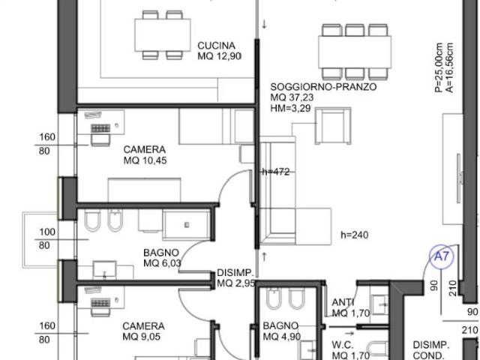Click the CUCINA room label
point(217,46)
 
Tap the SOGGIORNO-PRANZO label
point(323,87)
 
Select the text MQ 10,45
point(145,160)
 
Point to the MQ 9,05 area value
point(142,337)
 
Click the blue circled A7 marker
point(441,256)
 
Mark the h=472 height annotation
point(276,172)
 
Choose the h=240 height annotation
point(355,235)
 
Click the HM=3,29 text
point(290,108)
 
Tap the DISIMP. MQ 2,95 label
point(235,278)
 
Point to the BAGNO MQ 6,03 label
point(162,258)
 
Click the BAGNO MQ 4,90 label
point(282,331)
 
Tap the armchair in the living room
point(333,126)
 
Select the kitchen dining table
point(163,35)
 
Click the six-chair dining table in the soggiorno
point(355,52)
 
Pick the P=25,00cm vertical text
point(439,67)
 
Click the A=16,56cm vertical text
point(449,67)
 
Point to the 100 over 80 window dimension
point(45,238)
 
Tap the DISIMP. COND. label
point(431,350)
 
